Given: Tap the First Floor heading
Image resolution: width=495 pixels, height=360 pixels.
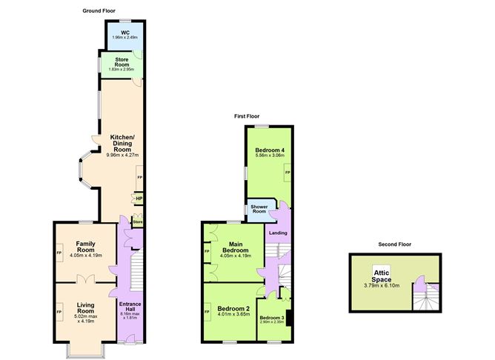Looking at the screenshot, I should point(249,116).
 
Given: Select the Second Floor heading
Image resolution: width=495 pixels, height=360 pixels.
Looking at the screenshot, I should point(393,244).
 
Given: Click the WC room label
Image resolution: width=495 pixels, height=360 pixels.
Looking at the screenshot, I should point(124,32).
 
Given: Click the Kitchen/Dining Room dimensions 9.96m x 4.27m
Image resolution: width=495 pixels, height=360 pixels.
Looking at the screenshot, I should point(123,155).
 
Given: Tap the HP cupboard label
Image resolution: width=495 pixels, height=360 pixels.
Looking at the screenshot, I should point(139,198).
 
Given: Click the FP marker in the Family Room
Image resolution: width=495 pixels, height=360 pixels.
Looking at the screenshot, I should point(59,253).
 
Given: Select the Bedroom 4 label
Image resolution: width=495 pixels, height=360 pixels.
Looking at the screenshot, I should point(269,150).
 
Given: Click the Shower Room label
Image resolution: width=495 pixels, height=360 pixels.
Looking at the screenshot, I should point(259,209).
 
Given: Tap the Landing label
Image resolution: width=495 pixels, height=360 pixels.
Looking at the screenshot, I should point(279,233).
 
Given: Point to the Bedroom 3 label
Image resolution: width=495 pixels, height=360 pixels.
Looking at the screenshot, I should point(271,317).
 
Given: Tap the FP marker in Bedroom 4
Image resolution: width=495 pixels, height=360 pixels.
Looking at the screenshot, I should point(288,173).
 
